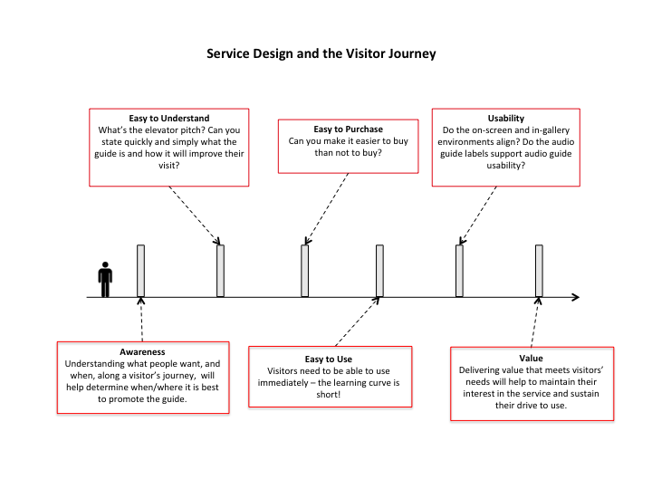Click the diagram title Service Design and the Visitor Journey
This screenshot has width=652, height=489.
click(321, 53)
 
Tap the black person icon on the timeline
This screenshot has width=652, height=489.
click(105, 280)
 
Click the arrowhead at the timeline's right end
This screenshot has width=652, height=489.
click(576, 297)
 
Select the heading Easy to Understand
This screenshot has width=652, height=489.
click(168, 118)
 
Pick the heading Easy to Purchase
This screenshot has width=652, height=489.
click(348, 129)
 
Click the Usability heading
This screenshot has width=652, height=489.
click(506, 118)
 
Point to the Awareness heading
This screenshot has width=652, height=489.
click(142, 351)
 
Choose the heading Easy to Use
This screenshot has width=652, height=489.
click(329, 359)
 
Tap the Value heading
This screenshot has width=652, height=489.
click(531, 358)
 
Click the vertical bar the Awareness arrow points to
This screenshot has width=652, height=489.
click(141, 271)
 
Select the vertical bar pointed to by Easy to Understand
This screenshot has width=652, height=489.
click(220, 271)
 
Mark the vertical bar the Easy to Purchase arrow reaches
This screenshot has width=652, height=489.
click(305, 271)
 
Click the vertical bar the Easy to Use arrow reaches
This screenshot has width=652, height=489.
click(379, 271)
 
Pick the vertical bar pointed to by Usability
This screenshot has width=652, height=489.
click(459, 271)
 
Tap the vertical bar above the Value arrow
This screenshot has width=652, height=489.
click(539, 271)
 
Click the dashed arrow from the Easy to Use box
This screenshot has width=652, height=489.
click(358, 321)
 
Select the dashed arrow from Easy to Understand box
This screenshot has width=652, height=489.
click(195, 216)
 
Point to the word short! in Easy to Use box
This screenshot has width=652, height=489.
click(329, 394)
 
